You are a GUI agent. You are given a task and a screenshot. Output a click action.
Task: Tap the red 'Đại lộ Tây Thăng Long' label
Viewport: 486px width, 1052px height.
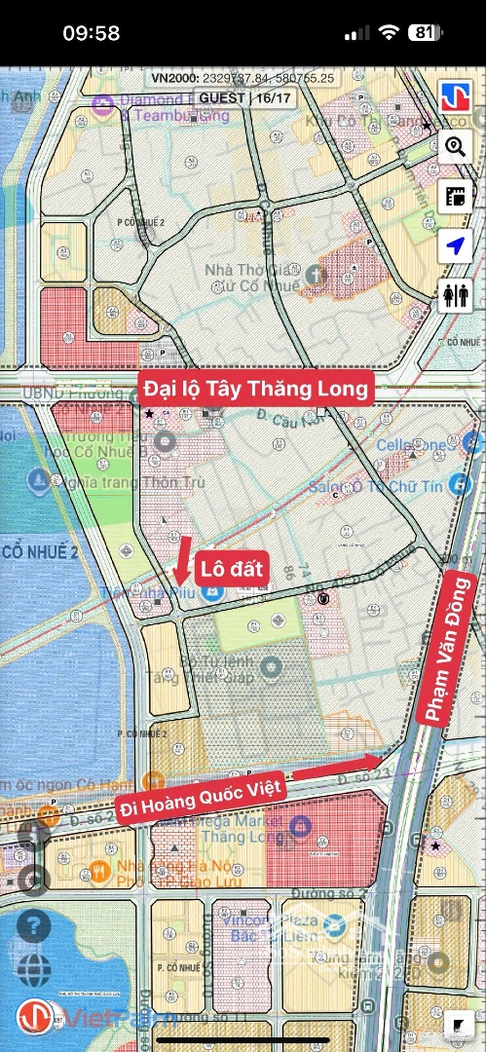pyautogui.click(x=256, y=389)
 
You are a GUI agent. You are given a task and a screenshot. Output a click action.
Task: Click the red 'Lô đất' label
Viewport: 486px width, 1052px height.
pyautogui.click(x=233, y=569)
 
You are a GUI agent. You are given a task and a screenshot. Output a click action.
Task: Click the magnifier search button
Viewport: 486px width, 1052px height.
pyautogui.click(x=455, y=148)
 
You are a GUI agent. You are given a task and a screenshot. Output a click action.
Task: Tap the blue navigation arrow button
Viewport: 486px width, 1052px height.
pyautogui.click(x=455, y=247)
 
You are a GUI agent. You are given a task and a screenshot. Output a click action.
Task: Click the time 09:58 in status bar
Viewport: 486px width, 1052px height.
pyautogui.click(x=92, y=33)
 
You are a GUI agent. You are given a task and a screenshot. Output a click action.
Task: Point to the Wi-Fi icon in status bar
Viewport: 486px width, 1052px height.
pyautogui.click(x=389, y=33)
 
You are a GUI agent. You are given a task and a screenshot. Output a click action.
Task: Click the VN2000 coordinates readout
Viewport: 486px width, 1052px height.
pyautogui.click(x=243, y=78)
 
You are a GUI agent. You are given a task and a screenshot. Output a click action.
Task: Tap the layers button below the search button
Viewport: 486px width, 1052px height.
pyautogui.click(x=455, y=198)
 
